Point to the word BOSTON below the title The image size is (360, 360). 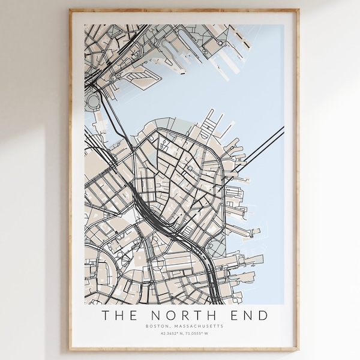point(157,326)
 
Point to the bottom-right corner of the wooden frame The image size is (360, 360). point(297,349)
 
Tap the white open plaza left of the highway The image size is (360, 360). point(129,217)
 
